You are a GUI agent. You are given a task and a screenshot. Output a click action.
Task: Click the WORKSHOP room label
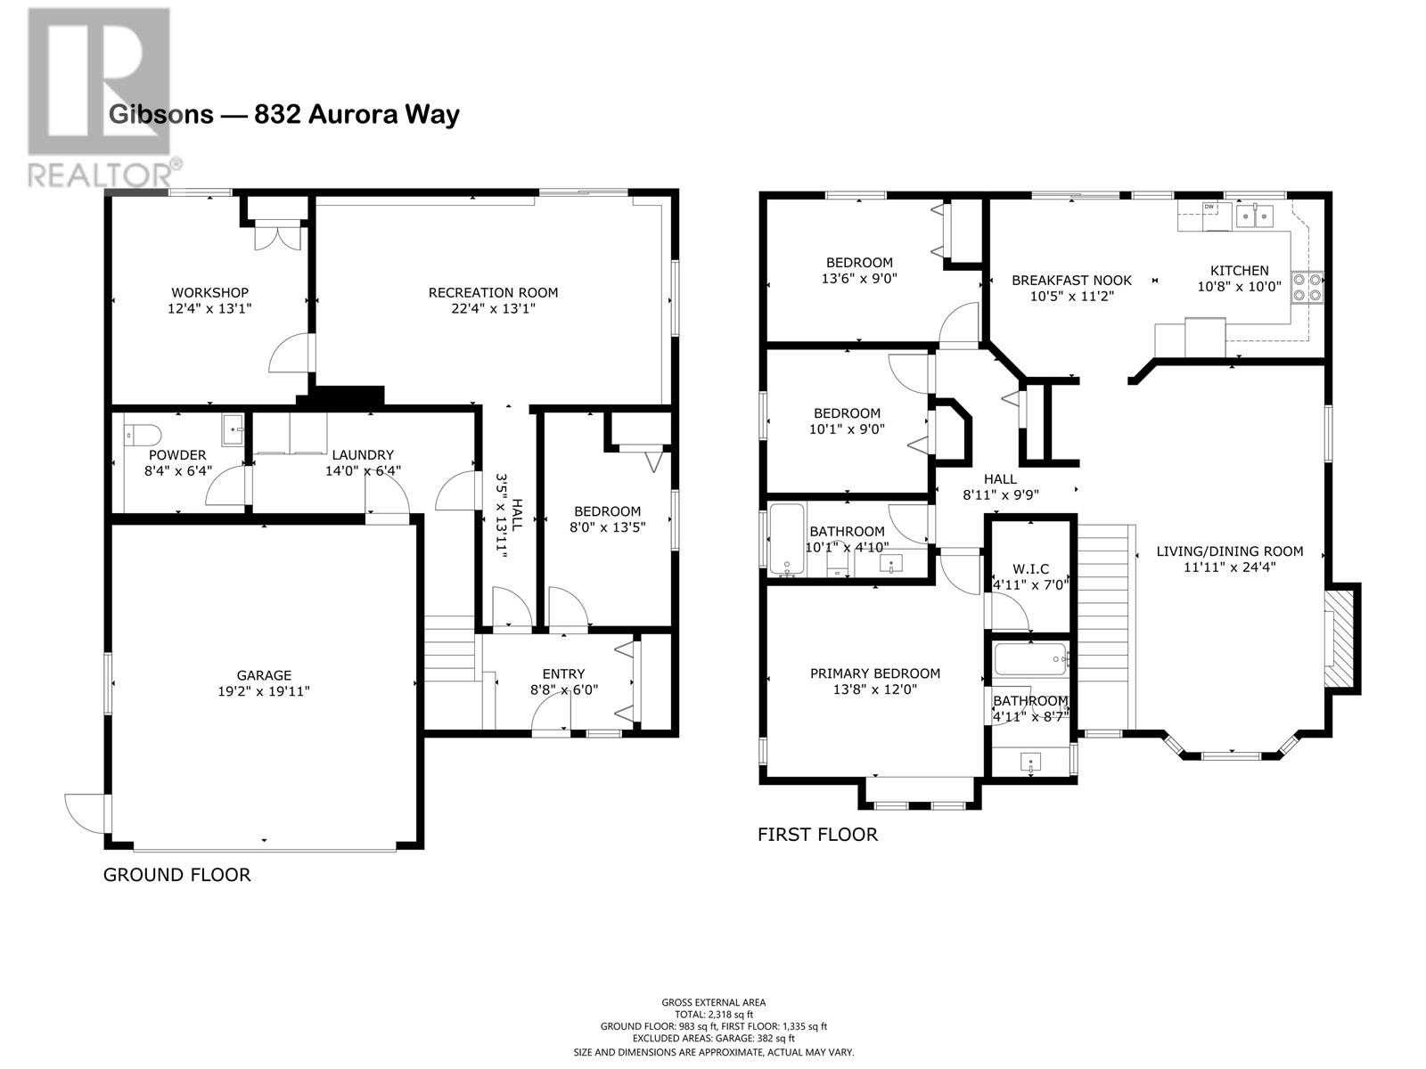[209, 293]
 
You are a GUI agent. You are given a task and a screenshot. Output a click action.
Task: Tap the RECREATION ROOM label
[493, 293]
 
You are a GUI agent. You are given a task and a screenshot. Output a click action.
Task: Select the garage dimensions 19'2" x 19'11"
[264, 692]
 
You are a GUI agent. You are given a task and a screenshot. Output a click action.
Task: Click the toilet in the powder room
[143, 434]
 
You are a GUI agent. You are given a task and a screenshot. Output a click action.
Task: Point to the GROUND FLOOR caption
[176, 875]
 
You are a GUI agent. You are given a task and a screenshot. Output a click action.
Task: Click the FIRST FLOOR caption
[817, 835]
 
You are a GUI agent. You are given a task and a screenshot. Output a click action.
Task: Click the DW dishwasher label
[1209, 207]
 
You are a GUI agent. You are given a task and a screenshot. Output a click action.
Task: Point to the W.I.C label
[1031, 569]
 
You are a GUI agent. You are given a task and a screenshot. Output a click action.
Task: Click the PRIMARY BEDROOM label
[875, 673]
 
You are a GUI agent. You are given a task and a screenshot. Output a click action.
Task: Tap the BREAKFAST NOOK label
[1072, 281]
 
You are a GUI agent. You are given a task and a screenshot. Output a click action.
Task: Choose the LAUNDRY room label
[363, 455]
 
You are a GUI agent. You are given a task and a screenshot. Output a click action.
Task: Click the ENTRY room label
[563, 674]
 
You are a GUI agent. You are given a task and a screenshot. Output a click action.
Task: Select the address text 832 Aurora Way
[356, 114]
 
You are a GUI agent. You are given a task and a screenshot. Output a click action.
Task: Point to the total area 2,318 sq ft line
[713, 1015]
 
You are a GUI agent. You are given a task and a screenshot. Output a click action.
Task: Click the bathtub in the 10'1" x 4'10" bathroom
[787, 540]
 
